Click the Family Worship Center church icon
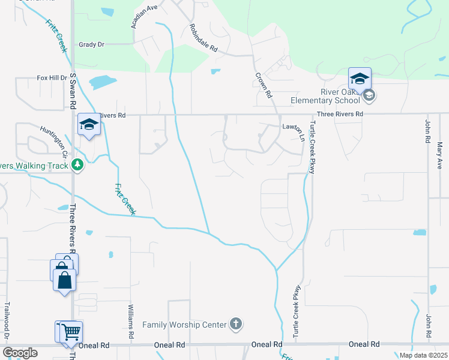(236, 325)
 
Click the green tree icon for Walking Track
(77, 165)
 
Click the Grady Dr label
(91, 44)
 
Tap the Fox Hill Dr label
(52, 78)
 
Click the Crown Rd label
(264, 85)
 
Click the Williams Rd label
(130, 322)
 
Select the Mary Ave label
(440, 154)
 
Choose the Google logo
(20, 353)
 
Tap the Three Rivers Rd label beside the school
(340, 114)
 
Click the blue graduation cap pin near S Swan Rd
(89, 125)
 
